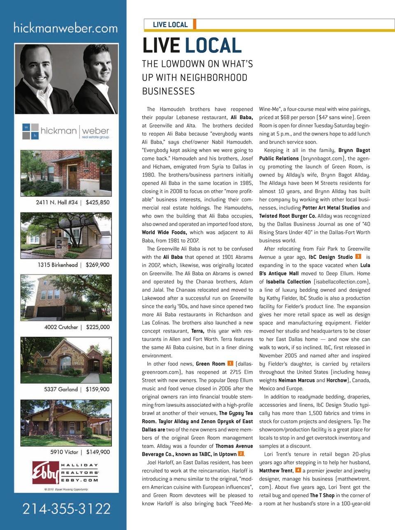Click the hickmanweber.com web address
pos(65,28)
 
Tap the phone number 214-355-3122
pos(66,509)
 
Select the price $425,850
pos(98,202)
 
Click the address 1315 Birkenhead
pos(58,265)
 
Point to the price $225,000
pos(98,327)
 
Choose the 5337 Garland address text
pos(61,389)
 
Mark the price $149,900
pos(98,452)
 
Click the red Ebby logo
pos(45,472)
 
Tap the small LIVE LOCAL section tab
pos(170,25)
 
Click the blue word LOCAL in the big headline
pos(213,46)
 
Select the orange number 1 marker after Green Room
pos(230,363)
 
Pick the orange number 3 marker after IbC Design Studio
pos(358,256)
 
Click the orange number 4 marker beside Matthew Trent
pos(298,470)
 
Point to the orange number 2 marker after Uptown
pos(241,454)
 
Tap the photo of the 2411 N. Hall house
pos(66,173)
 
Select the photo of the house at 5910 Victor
pos(66,423)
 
